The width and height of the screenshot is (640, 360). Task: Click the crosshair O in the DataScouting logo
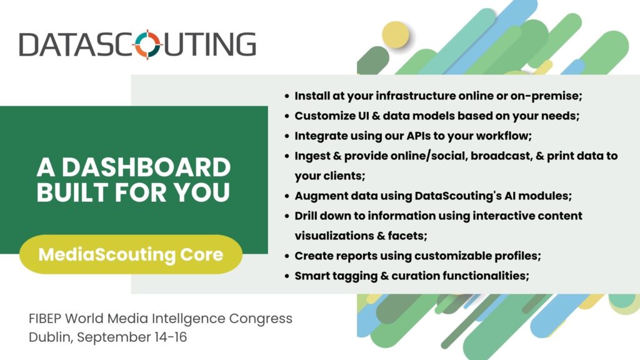pyautogui.click(x=147, y=44)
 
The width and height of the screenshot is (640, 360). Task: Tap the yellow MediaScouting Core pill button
pyautogui.click(x=131, y=254)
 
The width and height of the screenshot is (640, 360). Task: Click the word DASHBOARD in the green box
pyautogui.click(x=146, y=167)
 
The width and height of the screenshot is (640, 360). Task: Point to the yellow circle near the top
pyautogui.click(x=396, y=35)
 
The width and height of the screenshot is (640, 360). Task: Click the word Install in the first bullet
pyautogui.click(x=312, y=96)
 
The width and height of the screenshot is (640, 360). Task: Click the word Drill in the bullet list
pyautogui.click(x=305, y=216)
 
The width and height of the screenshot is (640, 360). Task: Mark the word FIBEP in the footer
pyautogui.click(x=45, y=318)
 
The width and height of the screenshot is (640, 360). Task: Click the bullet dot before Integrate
pyautogui.click(x=287, y=136)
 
